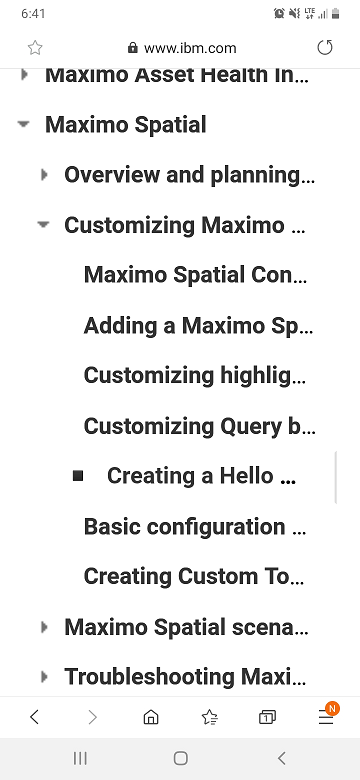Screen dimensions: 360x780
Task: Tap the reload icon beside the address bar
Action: click(x=325, y=48)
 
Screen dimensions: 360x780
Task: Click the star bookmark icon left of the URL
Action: click(x=35, y=48)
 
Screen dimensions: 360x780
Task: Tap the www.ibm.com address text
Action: click(x=190, y=48)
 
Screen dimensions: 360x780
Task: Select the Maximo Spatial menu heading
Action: click(x=125, y=124)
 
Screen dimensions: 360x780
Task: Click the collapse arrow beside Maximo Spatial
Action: click(x=23, y=124)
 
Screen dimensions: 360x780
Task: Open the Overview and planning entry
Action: click(x=189, y=175)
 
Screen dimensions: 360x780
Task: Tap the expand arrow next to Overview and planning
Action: click(x=44, y=175)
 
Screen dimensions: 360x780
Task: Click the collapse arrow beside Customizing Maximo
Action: click(x=44, y=225)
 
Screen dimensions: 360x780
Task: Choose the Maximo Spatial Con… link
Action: click(x=195, y=275)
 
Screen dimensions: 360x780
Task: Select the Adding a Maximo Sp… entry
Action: click(x=198, y=325)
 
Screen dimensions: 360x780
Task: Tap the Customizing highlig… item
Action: click(x=195, y=376)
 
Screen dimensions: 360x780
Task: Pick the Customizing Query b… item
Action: click(x=199, y=426)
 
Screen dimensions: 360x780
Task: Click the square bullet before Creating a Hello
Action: click(x=78, y=476)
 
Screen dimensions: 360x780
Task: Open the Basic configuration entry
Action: click(x=194, y=526)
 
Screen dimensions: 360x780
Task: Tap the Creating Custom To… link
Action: click(x=194, y=576)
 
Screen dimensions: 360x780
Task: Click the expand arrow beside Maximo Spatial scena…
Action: click(x=44, y=627)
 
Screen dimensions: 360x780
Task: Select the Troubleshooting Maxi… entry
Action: click(x=185, y=677)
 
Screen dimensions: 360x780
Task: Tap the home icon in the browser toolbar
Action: click(x=151, y=717)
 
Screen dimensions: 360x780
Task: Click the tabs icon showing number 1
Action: click(x=267, y=717)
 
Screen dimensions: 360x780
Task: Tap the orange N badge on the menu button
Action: click(x=332, y=708)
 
